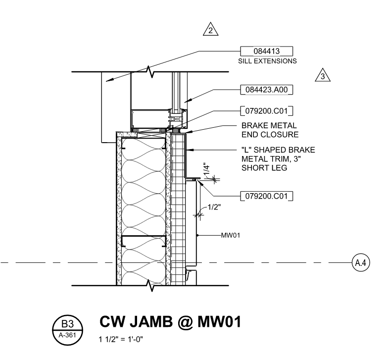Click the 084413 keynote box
point(266,51)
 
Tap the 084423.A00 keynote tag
point(267,90)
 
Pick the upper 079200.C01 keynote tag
point(267,110)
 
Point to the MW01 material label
point(231,235)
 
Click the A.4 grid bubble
point(360,262)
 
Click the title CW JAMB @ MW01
point(170,321)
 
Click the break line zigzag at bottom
point(151,286)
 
